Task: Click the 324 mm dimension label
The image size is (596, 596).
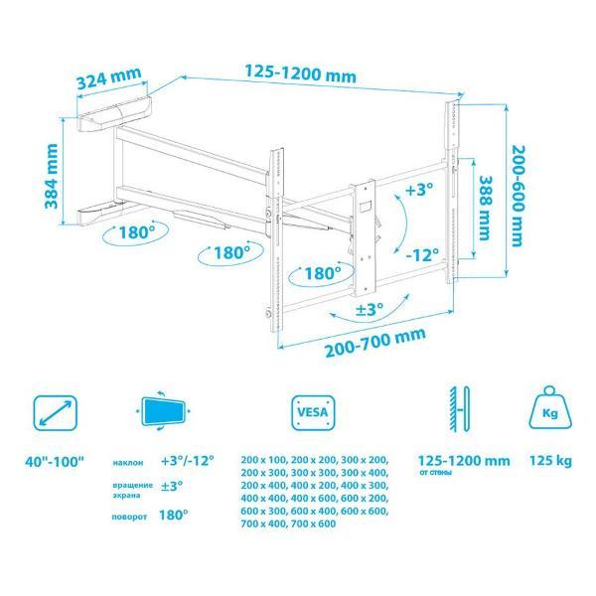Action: [x=109, y=78]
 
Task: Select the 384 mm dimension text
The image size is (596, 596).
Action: [x=52, y=176]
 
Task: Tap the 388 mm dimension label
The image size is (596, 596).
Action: [x=485, y=208]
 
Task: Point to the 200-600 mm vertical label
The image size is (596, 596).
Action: [x=519, y=196]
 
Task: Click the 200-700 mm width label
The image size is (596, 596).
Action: [x=375, y=343]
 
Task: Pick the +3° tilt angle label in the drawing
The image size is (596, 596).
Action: [x=419, y=190]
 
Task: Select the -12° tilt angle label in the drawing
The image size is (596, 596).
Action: [x=422, y=254]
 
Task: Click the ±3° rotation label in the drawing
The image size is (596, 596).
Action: [x=370, y=309]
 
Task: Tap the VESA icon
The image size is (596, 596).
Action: [x=313, y=413]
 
